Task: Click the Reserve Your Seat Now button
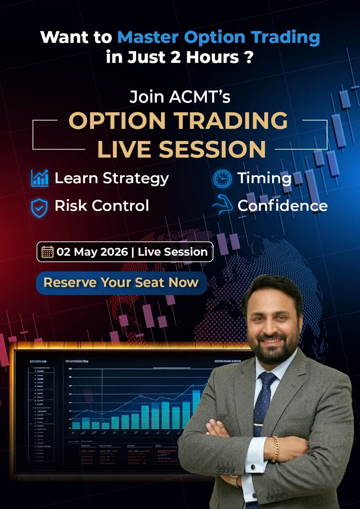[121, 283]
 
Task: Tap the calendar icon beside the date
[47, 252]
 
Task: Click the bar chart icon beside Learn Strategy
[40, 178]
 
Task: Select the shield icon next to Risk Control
[39, 208]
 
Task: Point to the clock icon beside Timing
[222, 179]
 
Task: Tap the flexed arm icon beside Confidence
[223, 205]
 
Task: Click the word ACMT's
[200, 97]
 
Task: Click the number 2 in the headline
[176, 57]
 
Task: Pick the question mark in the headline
[249, 57]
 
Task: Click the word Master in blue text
[148, 37]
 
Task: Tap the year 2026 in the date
[114, 252]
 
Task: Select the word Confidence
[282, 206]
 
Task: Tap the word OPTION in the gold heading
[117, 121]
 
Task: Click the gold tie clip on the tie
[259, 424]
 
